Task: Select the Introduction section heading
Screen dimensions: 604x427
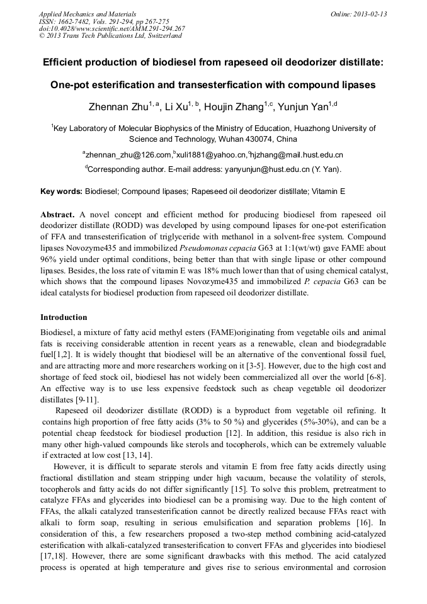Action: pos(64,317)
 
